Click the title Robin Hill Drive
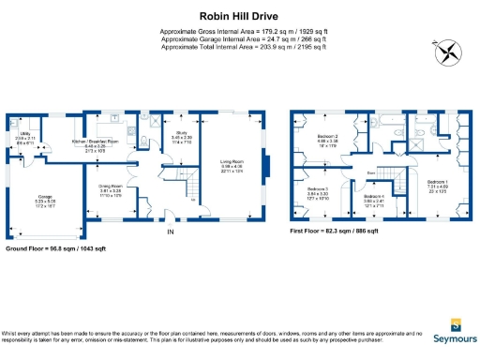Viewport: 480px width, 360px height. [239, 15]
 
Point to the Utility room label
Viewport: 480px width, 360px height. [24, 139]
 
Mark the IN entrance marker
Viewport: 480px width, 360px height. [170, 232]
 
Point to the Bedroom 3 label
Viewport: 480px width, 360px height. [318, 194]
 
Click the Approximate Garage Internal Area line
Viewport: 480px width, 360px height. [239, 39]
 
